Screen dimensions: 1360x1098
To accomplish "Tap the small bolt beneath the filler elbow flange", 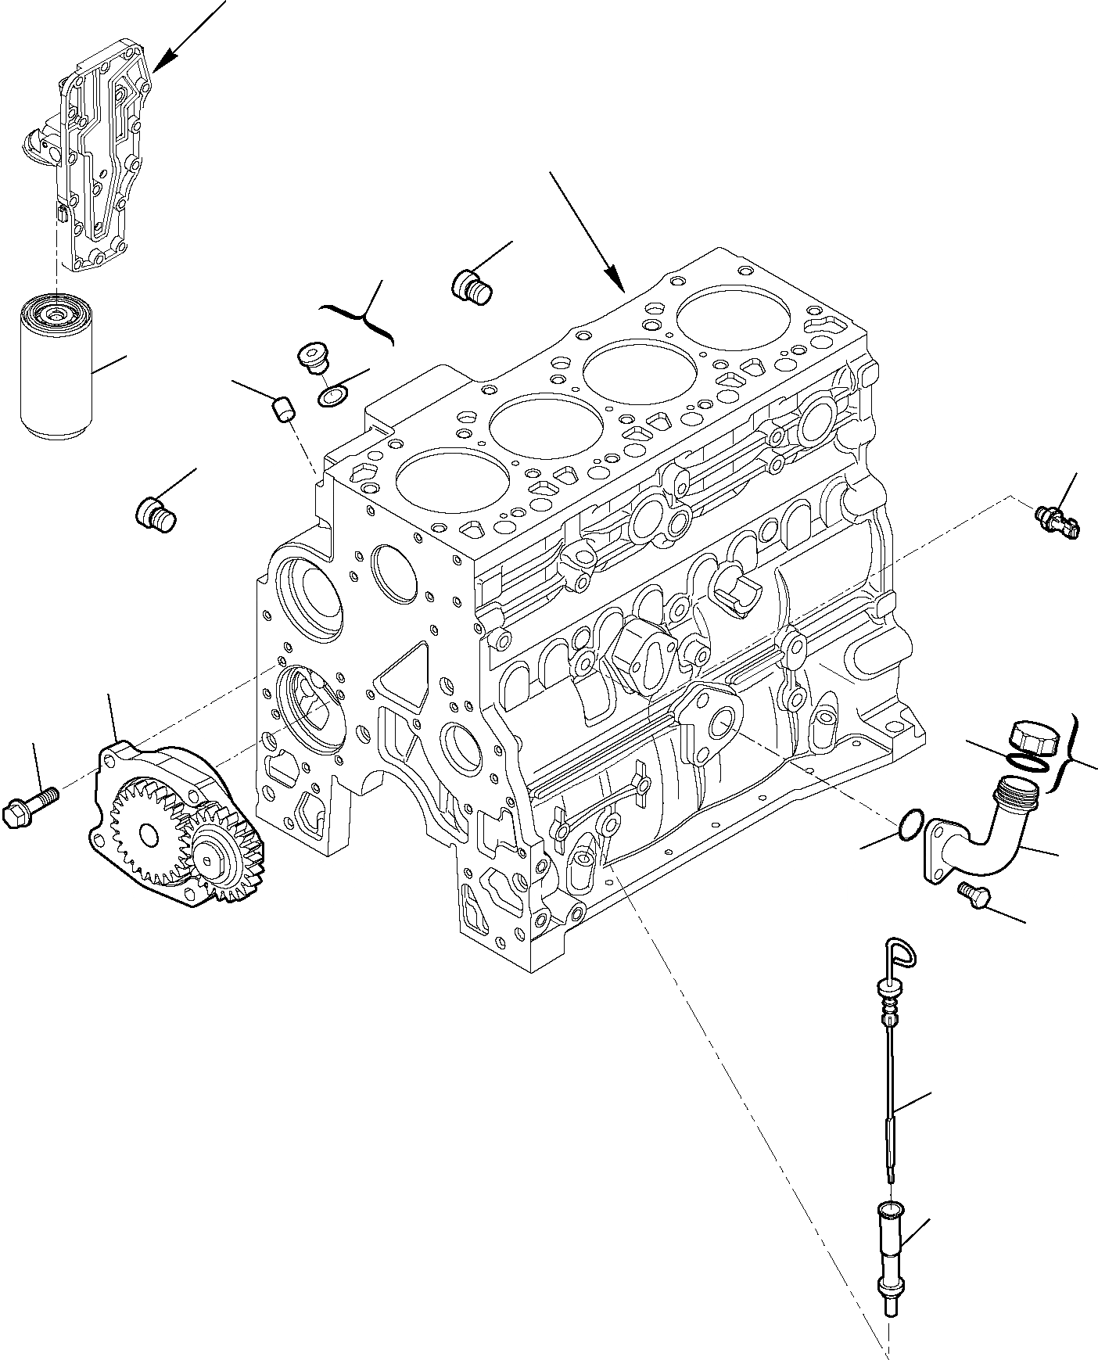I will (x=973, y=895).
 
